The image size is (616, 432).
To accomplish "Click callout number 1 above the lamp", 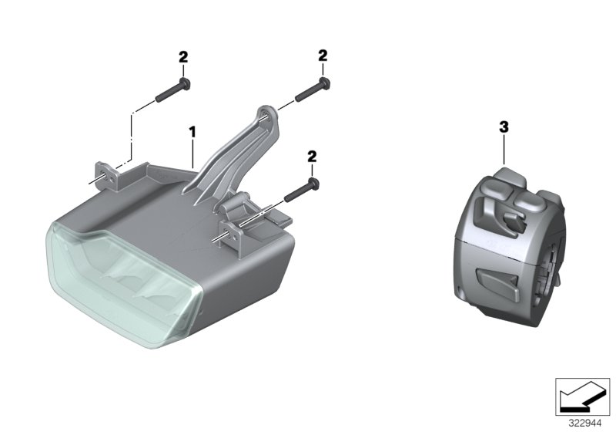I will click(x=192, y=133).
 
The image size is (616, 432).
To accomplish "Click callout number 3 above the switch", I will click(x=504, y=127).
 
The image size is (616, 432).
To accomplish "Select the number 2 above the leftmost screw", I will click(x=182, y=57).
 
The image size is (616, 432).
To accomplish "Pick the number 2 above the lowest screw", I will click(x=312, y=157).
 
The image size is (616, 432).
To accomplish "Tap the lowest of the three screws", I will click(x=302, y=191).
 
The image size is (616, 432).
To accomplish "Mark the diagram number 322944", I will click(x=585, y=422).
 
